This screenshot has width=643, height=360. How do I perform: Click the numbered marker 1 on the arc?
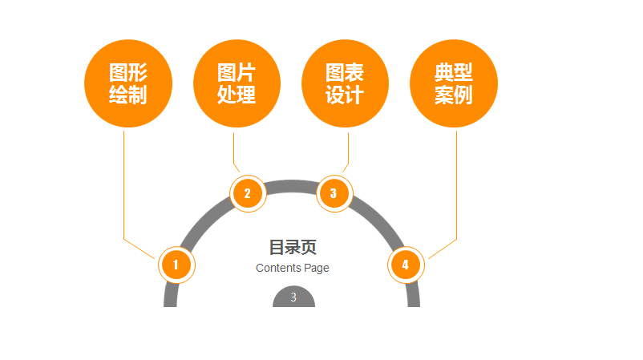point(176,265)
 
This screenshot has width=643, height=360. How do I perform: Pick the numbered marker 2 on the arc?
point(247,193)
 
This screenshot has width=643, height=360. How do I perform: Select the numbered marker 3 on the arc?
point(334,193)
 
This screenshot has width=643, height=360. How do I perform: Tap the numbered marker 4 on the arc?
point(405,265)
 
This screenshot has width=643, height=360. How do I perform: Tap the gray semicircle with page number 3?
point(293,297)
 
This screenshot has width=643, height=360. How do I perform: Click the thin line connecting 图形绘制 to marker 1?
point(123,184)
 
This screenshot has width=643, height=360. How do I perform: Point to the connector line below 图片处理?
point(233,148)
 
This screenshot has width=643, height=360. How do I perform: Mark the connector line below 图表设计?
point(348,148)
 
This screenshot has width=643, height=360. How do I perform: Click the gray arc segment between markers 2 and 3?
point(290,186)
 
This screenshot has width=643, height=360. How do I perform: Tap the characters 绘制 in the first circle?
point(128,95)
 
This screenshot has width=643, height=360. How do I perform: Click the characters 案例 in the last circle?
point(454,95)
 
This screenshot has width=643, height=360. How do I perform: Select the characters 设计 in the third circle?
point(345,95)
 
